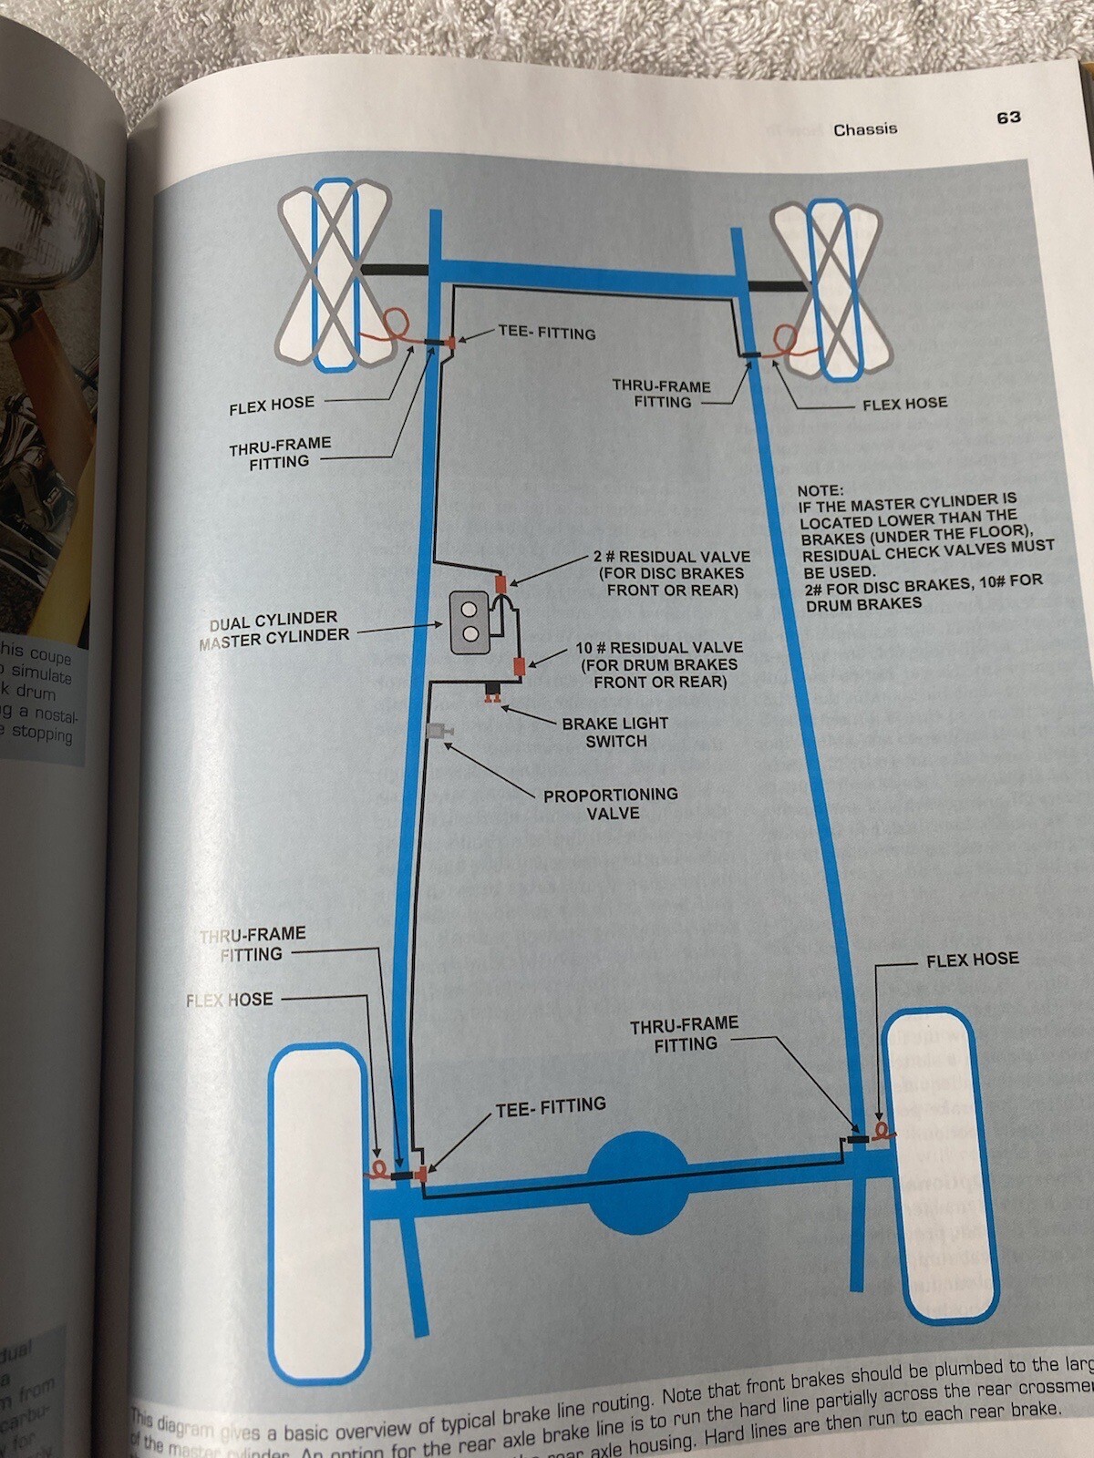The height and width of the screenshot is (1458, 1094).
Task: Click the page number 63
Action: [x=1007, y=118]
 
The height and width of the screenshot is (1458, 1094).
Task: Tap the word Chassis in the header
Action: [x=864, y=129]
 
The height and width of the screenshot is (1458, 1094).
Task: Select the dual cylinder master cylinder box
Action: [x=470, y=621]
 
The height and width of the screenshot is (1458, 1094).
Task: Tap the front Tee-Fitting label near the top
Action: [x=547, y=333]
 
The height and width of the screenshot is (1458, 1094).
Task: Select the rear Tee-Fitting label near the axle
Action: [x=551, y=1107]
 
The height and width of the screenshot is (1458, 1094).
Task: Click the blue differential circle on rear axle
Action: [x=638, y=1182]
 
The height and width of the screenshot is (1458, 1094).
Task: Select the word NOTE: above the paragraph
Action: [x=820, y=490]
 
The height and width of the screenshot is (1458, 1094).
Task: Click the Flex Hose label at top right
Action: [x=904, y=403]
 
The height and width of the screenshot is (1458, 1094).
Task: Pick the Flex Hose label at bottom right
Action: [x=972, y=960]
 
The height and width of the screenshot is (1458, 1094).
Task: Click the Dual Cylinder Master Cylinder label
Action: [x=273, y=629]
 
